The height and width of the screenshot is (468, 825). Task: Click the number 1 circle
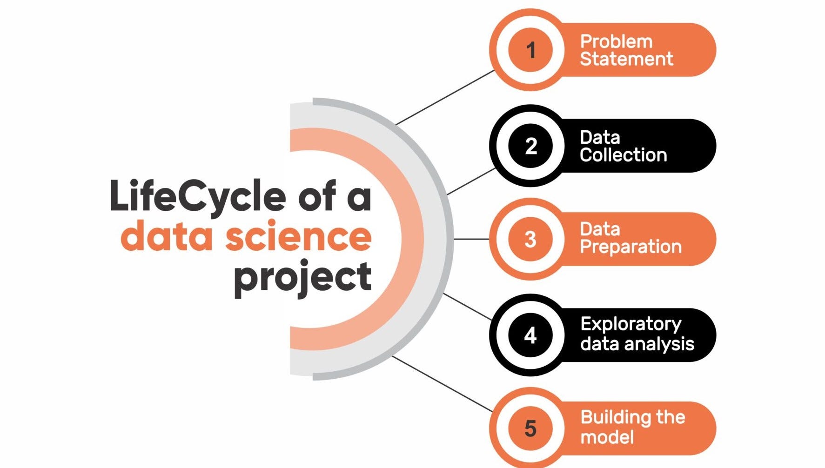(x=530, y=50)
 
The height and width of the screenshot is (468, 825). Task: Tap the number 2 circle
(x=530, y=146)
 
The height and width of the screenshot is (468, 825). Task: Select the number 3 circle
(x=530, y=239)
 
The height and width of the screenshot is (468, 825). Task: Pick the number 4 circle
(x=530, y=335)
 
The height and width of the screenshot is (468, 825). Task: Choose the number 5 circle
(x=530, y=428)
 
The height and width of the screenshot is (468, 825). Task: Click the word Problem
(x=616, y=42)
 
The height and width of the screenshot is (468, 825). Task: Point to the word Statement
(x=626, y=59)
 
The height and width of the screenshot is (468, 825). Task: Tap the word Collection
(x=623, y=155)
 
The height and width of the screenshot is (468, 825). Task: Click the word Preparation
(x=630, y=247)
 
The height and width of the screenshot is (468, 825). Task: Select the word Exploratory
(x=631, y=324)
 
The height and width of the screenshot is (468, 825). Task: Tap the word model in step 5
(x=607, y=437)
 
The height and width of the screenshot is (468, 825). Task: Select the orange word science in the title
(x=298, y=237)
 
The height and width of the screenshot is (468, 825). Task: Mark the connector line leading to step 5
(x=442, y=384)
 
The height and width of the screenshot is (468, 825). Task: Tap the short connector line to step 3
(x=471, y=239)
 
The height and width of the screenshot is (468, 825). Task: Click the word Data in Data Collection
(x=600, y=138)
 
